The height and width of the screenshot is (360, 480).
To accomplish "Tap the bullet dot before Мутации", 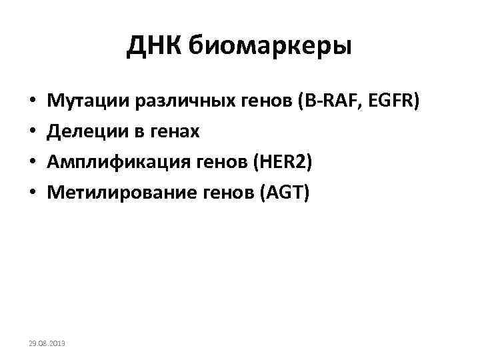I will coord(33,103).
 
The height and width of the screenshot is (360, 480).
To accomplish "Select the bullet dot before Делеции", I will coord(33,133).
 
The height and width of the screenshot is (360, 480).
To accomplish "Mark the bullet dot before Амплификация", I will coord(33,163).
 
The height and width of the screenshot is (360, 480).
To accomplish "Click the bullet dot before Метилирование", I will coord(33,193).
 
